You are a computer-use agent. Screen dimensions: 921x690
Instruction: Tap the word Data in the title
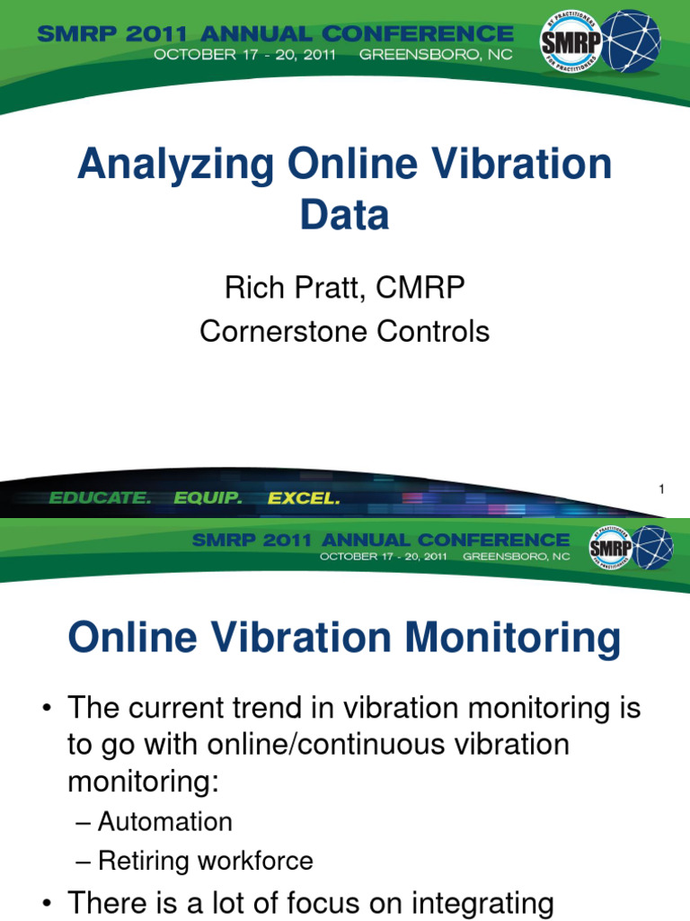pyautogui.click(x=345, y=216)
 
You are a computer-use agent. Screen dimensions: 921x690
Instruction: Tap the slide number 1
pyautogui.click(x=661, y=488)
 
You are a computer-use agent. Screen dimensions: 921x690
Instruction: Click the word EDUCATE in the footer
pyautogui.click(x=100, y=497)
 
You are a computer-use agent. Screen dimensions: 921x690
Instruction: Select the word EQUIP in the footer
pyautogui.click(x=208, y=497)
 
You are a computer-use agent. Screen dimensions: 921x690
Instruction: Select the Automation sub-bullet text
pyautogui.click(x=165, y=821)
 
